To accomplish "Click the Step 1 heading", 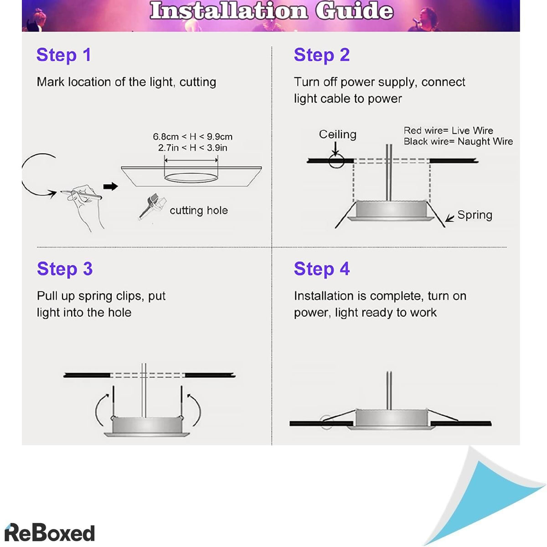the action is point(63,55).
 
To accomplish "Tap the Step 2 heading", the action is point(321,55).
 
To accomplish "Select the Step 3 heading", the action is point(65,269).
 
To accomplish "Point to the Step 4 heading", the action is point(322,269).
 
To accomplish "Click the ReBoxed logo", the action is point(50,532).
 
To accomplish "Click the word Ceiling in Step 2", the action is point(337,134).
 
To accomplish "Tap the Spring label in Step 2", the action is point(475,215).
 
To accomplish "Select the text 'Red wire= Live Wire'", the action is point(448,130).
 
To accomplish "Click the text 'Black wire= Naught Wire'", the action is point(458,141).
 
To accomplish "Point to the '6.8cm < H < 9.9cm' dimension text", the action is point(192,137).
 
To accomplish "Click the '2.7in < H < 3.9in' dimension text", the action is point(192,148).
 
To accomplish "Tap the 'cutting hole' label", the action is point(199,210).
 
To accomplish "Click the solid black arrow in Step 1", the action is point(110,186).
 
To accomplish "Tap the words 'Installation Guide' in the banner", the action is point(272,11).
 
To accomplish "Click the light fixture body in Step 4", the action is point(391,418).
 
